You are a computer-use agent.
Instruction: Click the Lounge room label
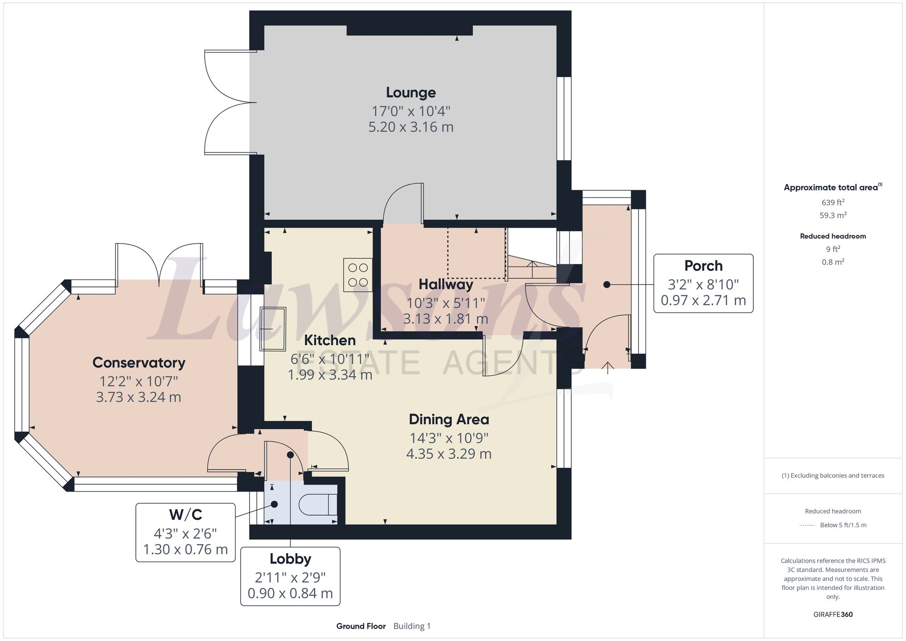(410, 92)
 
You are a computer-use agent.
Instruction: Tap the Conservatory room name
(139, 362)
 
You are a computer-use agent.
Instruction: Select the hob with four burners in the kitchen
(358, 275)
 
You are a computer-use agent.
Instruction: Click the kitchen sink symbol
(273, 329)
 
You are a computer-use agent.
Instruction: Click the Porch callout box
(703, 283)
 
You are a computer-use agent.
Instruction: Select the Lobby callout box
(290, 576)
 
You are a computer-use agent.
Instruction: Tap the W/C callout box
(185, 532)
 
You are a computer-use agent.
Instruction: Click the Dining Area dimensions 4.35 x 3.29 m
(448, 454)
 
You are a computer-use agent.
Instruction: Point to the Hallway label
(446, 284)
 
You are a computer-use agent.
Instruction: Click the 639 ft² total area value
(833, 202)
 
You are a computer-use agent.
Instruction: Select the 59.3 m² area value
(833, 215)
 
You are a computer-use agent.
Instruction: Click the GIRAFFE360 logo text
(833, 614)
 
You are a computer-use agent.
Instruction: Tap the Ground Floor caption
(361, 626)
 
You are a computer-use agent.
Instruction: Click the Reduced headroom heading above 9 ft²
(833, 236)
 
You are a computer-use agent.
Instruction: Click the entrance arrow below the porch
(607, 367)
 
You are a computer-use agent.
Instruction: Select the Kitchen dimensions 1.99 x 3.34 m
(330, 375)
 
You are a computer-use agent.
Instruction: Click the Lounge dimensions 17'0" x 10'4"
(410, 111)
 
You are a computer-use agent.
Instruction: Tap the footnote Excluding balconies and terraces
(833, 476)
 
